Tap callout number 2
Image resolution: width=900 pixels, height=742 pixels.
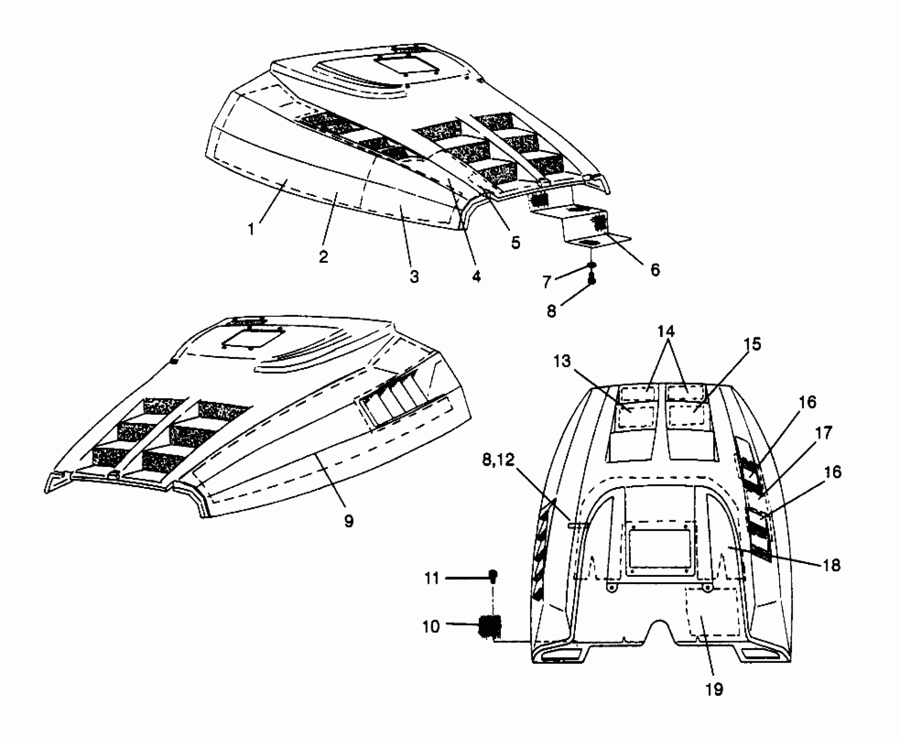tap(323, 257)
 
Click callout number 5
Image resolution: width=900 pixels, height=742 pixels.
tap(516, 242)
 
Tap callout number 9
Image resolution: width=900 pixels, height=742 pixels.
tap(349, 521)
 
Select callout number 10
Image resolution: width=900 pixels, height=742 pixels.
tap(431, 627)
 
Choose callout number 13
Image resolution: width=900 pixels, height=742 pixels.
tap(563, 361)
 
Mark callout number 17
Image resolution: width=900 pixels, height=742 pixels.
tap(823, 433)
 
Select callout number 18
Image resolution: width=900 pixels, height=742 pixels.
tap(831, 565)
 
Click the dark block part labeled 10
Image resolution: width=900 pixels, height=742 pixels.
tap(490, 627)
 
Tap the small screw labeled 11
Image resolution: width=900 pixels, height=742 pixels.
tap(493, 576)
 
